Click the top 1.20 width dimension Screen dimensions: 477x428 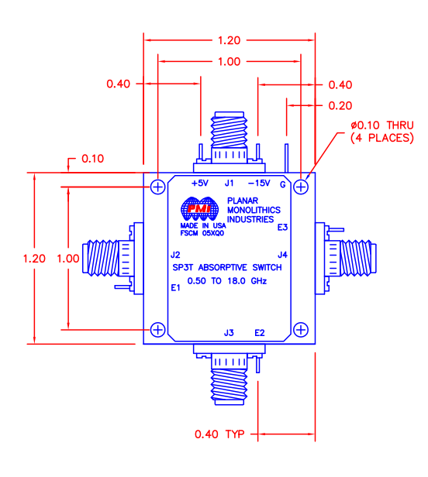click(229, 39)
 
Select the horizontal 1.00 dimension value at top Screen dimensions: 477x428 click(229, 62)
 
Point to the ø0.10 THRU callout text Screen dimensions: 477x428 click(376, 125)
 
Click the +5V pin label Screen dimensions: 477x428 click(200, 184)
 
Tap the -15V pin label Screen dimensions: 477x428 click(258, 184)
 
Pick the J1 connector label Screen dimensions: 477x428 click(229, 184)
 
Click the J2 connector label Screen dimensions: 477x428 click(175, 255)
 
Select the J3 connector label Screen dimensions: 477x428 click(228, 332)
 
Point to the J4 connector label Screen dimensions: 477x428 click(283, 255)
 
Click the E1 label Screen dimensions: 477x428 click(175, 287)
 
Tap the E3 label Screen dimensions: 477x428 click(282, 227)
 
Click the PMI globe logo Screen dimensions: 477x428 click(198, 209)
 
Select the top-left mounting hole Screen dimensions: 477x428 click(158, 187)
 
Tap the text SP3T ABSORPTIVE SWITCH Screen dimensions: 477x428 click(228, 268)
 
